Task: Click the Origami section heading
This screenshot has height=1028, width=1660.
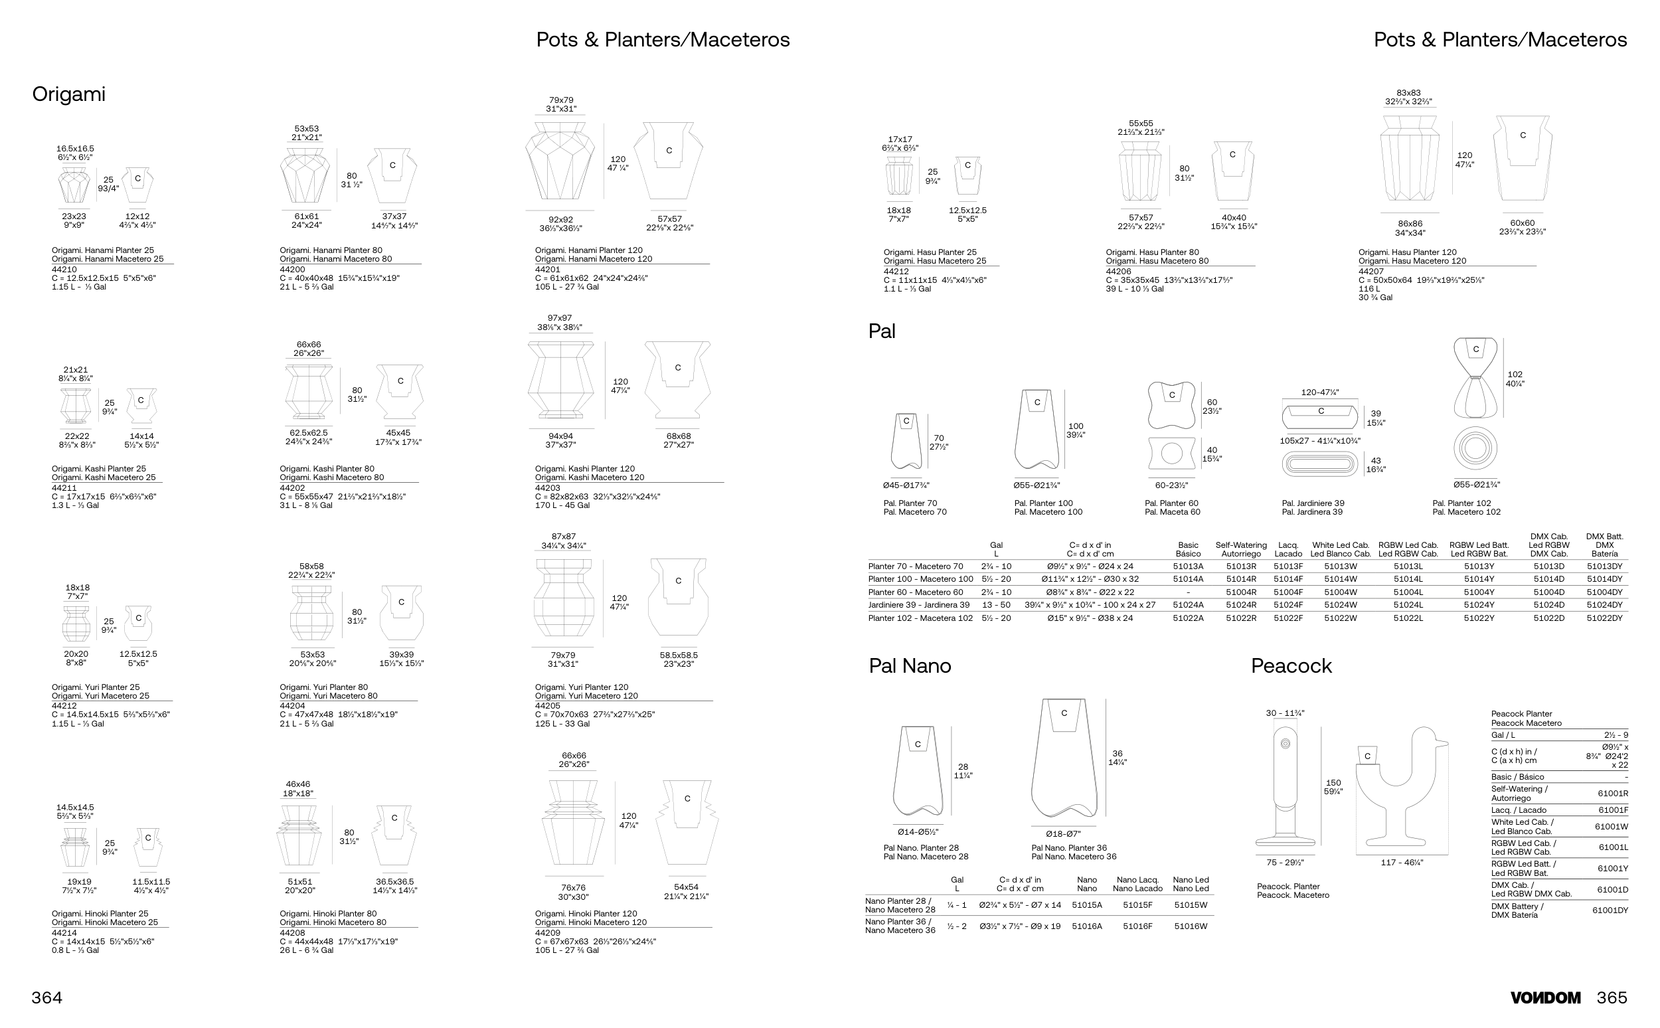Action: point(68,94)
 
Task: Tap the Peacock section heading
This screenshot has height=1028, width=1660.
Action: point(1291,665)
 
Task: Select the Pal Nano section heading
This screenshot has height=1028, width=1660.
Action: point(910,665)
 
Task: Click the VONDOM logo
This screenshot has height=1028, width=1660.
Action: point(1545,997)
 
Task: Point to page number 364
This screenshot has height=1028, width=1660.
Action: point(47,997)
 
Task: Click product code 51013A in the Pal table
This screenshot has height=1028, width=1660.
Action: point(1187,566)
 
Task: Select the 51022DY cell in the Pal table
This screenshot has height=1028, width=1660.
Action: point(1604,618)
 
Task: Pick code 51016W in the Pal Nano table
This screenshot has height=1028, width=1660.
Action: point(1191,926)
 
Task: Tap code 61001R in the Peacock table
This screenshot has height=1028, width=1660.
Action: point(1612,794)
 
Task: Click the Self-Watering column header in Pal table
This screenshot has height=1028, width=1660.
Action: point(1240,549)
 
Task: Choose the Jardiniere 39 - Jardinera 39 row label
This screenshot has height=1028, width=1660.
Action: point(918,605)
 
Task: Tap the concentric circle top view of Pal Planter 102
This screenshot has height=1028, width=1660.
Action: point(1475,449)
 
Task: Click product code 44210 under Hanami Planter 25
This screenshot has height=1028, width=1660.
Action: point(64,270)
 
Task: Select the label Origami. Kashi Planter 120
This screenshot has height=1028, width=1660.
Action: point(584,468)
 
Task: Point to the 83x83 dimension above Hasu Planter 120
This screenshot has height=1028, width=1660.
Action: point(1408,93)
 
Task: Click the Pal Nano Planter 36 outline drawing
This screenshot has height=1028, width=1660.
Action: point(1064,762)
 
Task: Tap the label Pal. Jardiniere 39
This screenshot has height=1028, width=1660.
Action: point(1313,503)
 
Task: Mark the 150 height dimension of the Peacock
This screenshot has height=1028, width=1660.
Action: point(1333,782)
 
